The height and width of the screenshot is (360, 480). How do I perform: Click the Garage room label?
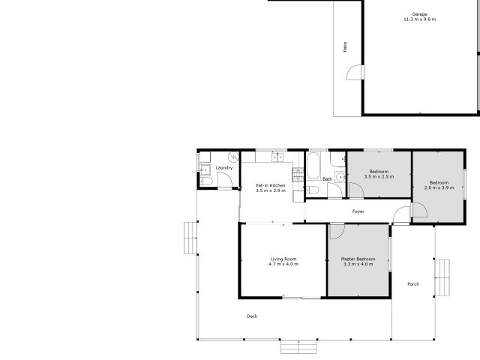[x=419, y=14]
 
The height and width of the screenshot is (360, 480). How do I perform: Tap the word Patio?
[x=345, y=46]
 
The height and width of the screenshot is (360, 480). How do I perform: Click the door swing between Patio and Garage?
[x=354, y=73]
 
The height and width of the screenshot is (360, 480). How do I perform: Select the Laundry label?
[x=224, y=168]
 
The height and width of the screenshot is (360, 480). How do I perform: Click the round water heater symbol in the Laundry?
[x=233, y=157]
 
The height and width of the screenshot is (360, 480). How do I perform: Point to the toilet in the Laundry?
[x=206, y=181]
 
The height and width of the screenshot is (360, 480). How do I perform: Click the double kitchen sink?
[x=277, y=157]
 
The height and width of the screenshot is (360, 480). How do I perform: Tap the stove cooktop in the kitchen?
[x=298, y=175]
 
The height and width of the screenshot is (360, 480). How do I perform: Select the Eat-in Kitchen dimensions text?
[x=271, y=190]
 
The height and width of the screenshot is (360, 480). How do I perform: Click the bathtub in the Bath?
[x=313, y=166]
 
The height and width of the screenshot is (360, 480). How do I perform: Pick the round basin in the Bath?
[x=340, y=177]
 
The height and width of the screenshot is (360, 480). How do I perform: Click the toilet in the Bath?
[x=313, y=190]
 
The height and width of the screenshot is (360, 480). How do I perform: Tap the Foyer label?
[x=358, y=211]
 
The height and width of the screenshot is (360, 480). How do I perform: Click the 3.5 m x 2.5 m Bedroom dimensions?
[x=379, y=177]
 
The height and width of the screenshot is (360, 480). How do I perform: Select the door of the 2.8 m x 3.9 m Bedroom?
[x=420, y=210]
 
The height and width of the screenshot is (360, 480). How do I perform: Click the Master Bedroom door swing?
[x=337, y=232]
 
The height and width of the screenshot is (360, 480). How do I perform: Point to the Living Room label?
[x=283, y=259]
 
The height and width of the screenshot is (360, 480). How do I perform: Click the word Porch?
[x=413, y=284]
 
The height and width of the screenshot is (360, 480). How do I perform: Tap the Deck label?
[x=252, y=316]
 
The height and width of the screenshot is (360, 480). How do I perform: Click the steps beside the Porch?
[x=442, y=277]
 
